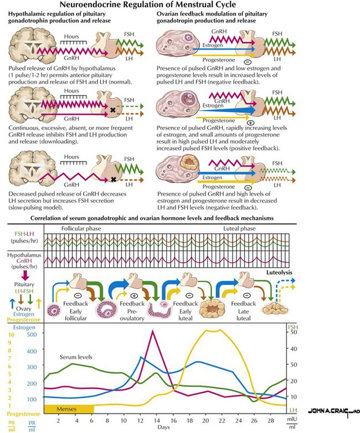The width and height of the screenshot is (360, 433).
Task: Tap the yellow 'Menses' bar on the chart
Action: [x=68, y=409]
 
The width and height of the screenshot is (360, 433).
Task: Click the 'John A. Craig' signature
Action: [x=333, y=411]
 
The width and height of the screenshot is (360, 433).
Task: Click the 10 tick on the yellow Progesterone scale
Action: [x=10, y=334]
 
